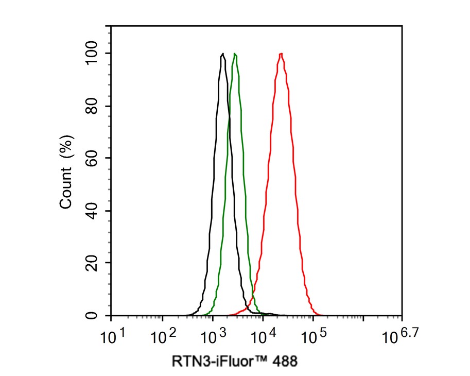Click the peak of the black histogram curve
click(x=222, y=54)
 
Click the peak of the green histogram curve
click(x=235, y=54)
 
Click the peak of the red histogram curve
click(x=281, y=54)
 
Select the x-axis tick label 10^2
click(x=163, y=337)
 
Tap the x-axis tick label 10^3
click(x=214, y=337)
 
